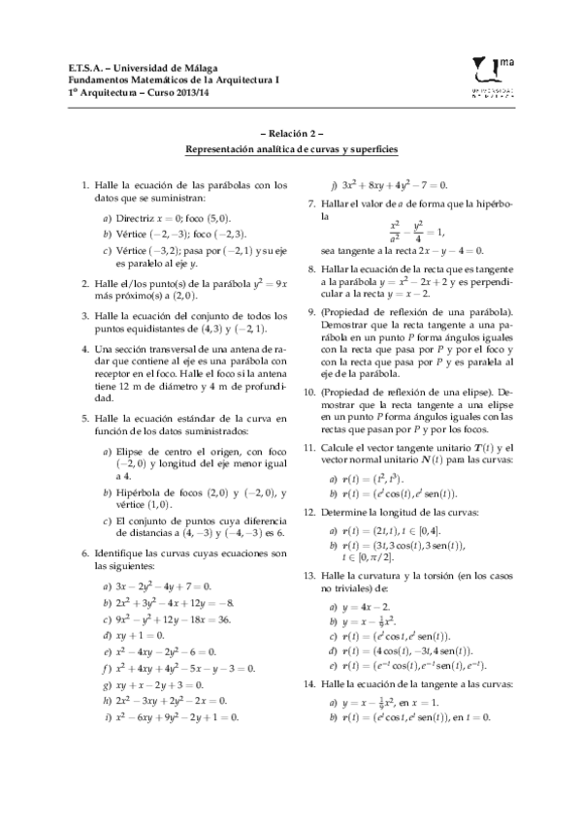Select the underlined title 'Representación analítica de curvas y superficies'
point(291,150)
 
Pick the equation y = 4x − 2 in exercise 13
point(365,606)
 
